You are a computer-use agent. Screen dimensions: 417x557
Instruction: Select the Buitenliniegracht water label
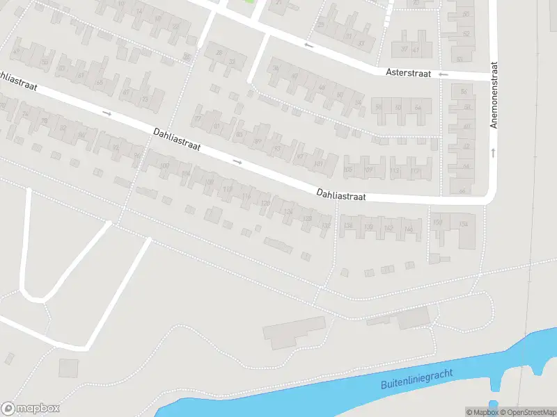tap(417, 379)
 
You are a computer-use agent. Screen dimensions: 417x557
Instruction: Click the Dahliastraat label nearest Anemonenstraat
tap(340, 195)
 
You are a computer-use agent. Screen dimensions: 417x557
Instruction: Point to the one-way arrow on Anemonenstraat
tap(493, 152)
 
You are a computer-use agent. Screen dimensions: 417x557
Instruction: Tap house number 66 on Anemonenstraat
tap(462, 191)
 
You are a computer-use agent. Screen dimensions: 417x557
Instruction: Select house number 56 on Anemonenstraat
tap(464, 92)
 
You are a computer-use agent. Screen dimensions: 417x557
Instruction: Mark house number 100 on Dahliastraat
tap(164, 166)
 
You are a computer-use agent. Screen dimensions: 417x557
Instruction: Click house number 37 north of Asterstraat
tap(405, 50)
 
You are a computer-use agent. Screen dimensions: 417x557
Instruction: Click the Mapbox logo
tap(31, 409)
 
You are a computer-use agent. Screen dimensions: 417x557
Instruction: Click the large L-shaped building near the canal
tap(292, 333)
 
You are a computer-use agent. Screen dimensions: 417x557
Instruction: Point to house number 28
tap(219, 53)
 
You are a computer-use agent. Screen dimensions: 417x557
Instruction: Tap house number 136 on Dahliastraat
tap(349, 225)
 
